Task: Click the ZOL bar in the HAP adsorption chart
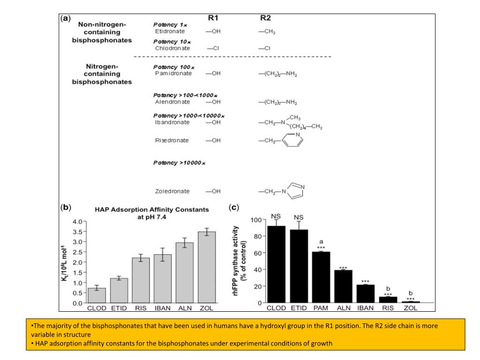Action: (207, 267)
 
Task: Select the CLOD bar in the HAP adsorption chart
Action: (97, 295)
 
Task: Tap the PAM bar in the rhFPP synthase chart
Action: (321, 277)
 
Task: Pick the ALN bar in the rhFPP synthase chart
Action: (344, 286)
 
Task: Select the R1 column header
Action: (213, 18)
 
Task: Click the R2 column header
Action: (265, 18)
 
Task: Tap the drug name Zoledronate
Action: (172, 191)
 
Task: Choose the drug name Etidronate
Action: (170, 31)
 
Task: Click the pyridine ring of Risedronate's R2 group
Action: (292, 140)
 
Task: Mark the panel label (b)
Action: (66, 207)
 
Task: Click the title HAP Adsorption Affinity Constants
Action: (152, 210)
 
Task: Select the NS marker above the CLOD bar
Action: (276, 217)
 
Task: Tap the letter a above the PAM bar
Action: (321, 241)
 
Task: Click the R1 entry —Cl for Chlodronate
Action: (213, 48)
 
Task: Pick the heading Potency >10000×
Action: (180, 163)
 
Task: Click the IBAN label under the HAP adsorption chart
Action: (163, 308)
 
